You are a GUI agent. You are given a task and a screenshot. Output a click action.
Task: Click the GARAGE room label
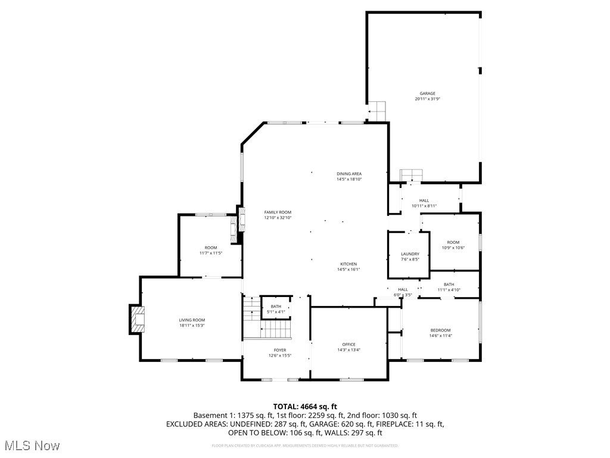[x=427, y=93]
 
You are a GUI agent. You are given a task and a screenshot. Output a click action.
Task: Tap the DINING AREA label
[x=349, y=174]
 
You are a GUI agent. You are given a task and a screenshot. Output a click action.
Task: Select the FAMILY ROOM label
[x=278, y=212]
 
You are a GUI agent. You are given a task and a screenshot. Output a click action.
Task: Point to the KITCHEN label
[x=348, y=264]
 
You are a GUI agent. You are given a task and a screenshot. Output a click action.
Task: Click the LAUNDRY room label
[x=410, y=254]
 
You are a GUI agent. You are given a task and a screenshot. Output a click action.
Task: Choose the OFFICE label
[x=348, y=344]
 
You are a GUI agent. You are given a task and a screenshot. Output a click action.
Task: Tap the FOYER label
[x=280, y=350]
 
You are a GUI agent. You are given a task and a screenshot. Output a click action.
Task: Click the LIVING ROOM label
[x=192, y=320]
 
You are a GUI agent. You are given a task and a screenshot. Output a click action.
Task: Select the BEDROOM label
[x=441, y=330]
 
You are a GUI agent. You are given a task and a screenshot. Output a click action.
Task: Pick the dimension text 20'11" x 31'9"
[x=427, y=99]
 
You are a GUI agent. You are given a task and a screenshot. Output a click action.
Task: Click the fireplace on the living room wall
[x=137, y=320]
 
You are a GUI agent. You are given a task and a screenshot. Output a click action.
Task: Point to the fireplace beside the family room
[x=241, y=219]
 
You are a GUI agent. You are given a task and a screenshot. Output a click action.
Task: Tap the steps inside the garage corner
[x=376, y=111]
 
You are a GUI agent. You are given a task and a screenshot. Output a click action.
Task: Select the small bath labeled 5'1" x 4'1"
[x=276, y=308]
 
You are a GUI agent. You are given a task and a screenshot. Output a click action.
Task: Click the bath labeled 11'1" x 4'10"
[x=449, y=287]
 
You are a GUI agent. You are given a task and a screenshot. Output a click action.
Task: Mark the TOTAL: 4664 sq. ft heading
[x=305, y=406]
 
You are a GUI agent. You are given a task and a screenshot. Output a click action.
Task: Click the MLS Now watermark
[x=31, y=445]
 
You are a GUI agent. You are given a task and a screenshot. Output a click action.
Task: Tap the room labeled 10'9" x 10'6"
[x=453, y=245]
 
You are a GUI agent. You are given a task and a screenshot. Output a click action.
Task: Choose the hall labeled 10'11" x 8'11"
[x=424, y=203]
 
